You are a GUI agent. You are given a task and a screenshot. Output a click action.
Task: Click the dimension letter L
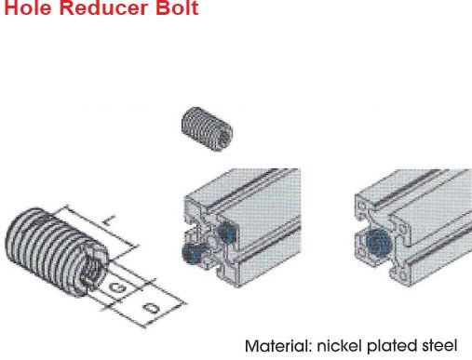click(109, 221)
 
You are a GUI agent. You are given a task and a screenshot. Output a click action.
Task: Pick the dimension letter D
click(152, 308)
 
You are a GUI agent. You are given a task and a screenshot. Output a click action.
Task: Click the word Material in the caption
click(278, 346)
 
